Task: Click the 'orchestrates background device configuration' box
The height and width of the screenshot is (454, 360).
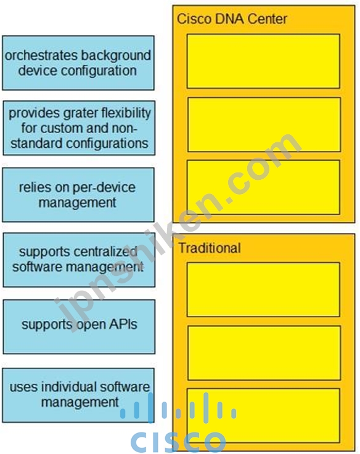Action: click(78, 63)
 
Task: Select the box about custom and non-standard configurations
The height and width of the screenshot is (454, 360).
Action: click(79, 128)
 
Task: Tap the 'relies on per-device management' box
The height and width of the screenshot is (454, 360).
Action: click(78, 195)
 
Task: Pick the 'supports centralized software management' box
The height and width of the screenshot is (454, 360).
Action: click(79, 260)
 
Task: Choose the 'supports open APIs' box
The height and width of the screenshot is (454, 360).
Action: click(79, 326)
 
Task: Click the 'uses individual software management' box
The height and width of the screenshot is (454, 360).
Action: click(78, 395)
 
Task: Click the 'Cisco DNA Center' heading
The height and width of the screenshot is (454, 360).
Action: click(232, 19)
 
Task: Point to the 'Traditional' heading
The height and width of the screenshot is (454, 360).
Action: click(210, 248)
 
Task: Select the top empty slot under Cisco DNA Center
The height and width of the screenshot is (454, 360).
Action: click(263, 61)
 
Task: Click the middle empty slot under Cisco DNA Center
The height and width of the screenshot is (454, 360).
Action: click(264, 124)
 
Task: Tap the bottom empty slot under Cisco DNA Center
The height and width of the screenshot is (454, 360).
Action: click(263, 187)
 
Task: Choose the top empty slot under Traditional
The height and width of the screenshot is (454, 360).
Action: click(263, 290)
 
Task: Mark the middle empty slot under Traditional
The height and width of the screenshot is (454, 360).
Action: click(264, 353)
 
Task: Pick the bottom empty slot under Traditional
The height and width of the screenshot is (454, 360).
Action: click(263, 416)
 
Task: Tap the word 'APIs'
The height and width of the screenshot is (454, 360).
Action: click(123, 324)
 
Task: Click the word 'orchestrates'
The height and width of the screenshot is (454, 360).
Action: click(41, 55)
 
